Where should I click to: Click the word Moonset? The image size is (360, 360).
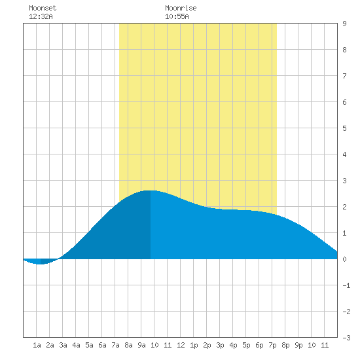click(43, 8)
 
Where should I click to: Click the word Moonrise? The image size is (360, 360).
click(181, 8)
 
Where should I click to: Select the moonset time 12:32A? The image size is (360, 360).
click(41, 16)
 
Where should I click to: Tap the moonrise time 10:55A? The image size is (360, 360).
click(177, 16)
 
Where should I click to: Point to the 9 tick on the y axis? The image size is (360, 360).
click(344, 24)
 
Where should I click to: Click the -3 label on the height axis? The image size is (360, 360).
click(346, 338)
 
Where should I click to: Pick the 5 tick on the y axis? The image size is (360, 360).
click(344, 128)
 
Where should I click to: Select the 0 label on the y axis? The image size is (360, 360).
click(344, 259)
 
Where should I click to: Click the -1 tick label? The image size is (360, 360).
click(346, 285)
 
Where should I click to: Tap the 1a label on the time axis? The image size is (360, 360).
click(37, 345)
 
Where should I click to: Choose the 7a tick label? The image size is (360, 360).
click(115, 345)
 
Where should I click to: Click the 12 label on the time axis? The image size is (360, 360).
click(181, 345)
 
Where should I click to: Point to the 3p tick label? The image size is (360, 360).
click(220, 345)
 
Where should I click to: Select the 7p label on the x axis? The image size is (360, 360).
click(272, 345)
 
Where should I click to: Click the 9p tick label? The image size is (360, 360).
click(298, 345)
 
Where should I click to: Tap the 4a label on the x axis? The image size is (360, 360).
click(76, 345)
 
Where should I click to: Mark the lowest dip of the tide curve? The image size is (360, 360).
click(41, 264)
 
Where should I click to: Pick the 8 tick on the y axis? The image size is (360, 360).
click(344, 50)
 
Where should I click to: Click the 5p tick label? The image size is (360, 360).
click(246, 345)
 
